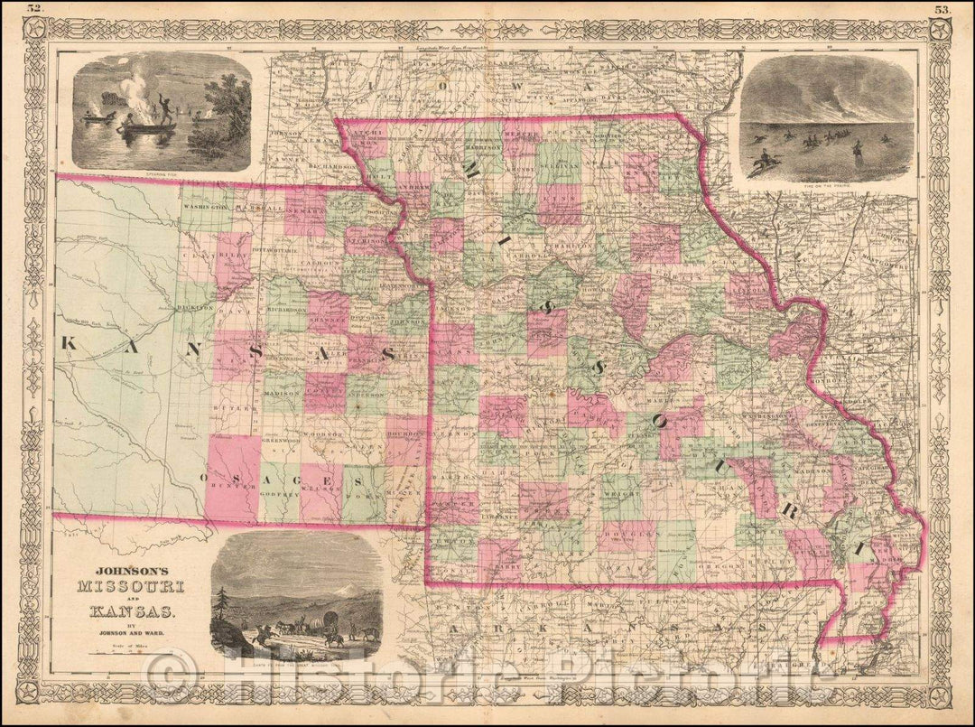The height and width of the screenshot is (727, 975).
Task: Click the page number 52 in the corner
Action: point(35,9)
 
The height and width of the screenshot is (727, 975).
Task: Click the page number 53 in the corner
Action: point(942,10)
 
